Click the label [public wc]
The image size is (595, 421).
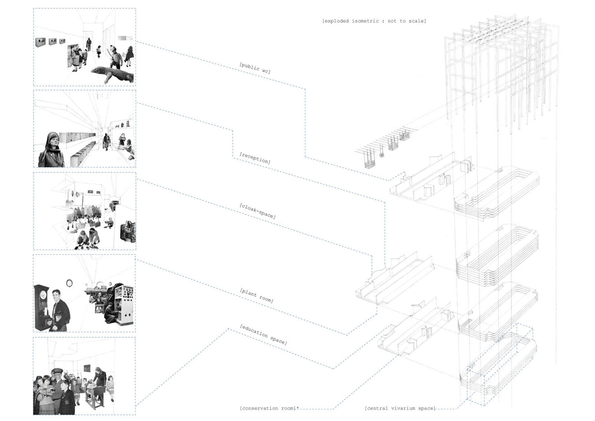coord(255,68)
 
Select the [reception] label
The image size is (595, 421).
coord(255,158)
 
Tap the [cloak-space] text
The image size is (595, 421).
coord(257,211)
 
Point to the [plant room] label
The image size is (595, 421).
coord(257,295)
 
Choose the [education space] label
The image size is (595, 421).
coord(263,335)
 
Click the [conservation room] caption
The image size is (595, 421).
coord(268,408)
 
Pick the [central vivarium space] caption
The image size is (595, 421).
coord(400,408)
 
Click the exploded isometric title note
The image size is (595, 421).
coord(374,21)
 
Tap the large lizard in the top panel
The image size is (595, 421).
coord(112,74)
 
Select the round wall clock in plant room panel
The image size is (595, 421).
coord(69,283)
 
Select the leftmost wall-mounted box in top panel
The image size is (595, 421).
coord(40,42)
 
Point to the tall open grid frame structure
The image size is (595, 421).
coord(502,71)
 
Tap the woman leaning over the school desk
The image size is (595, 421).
coord(100,379)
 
